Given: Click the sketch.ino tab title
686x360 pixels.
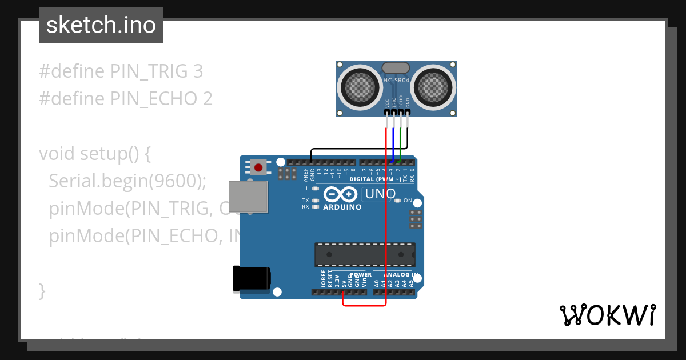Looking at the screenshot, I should pyautogui.click(x=101, y=25).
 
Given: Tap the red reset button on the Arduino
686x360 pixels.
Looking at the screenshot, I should pyautogui.click(x=258, y=167).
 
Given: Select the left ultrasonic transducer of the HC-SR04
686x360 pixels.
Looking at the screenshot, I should pyautogui.click(x=361, y=87).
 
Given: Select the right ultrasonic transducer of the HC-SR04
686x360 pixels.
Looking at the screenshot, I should pyautogui.click(x=433, y=87).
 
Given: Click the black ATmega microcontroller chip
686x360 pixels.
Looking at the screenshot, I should pyautogui.click(x=365, y=255).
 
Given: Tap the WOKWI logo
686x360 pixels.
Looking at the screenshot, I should pyautogui.click(x=607, y=315).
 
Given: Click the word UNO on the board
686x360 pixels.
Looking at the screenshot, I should pyautogui.click(x=380, y=194).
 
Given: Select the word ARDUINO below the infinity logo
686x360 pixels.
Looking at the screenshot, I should pyautogui.click(x=342, y=207).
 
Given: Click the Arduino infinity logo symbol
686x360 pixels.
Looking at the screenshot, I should pyautogui.click(x=342, y=194).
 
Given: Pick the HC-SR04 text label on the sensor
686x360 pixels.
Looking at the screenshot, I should pyautogui.click(x=396, y=81).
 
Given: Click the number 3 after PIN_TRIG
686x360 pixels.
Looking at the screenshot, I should pyautogui.click(x=198, y=71).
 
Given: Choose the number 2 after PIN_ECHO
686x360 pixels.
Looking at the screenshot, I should pyautogui.click(x=207, y=99).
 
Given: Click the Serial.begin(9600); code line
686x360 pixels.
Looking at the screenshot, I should pyautogui.click(x=127, y=181).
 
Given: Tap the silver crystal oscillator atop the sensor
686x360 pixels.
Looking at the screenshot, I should pyautogui.click(x=396, y=68).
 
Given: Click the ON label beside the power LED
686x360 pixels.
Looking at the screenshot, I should pyautogui.click(x=408, y=201).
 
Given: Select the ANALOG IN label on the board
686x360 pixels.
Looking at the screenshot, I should pyautogui.click(x=400, y=275).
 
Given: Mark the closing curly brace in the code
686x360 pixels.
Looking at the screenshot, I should pyautogui.click(x=42, y=291).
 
